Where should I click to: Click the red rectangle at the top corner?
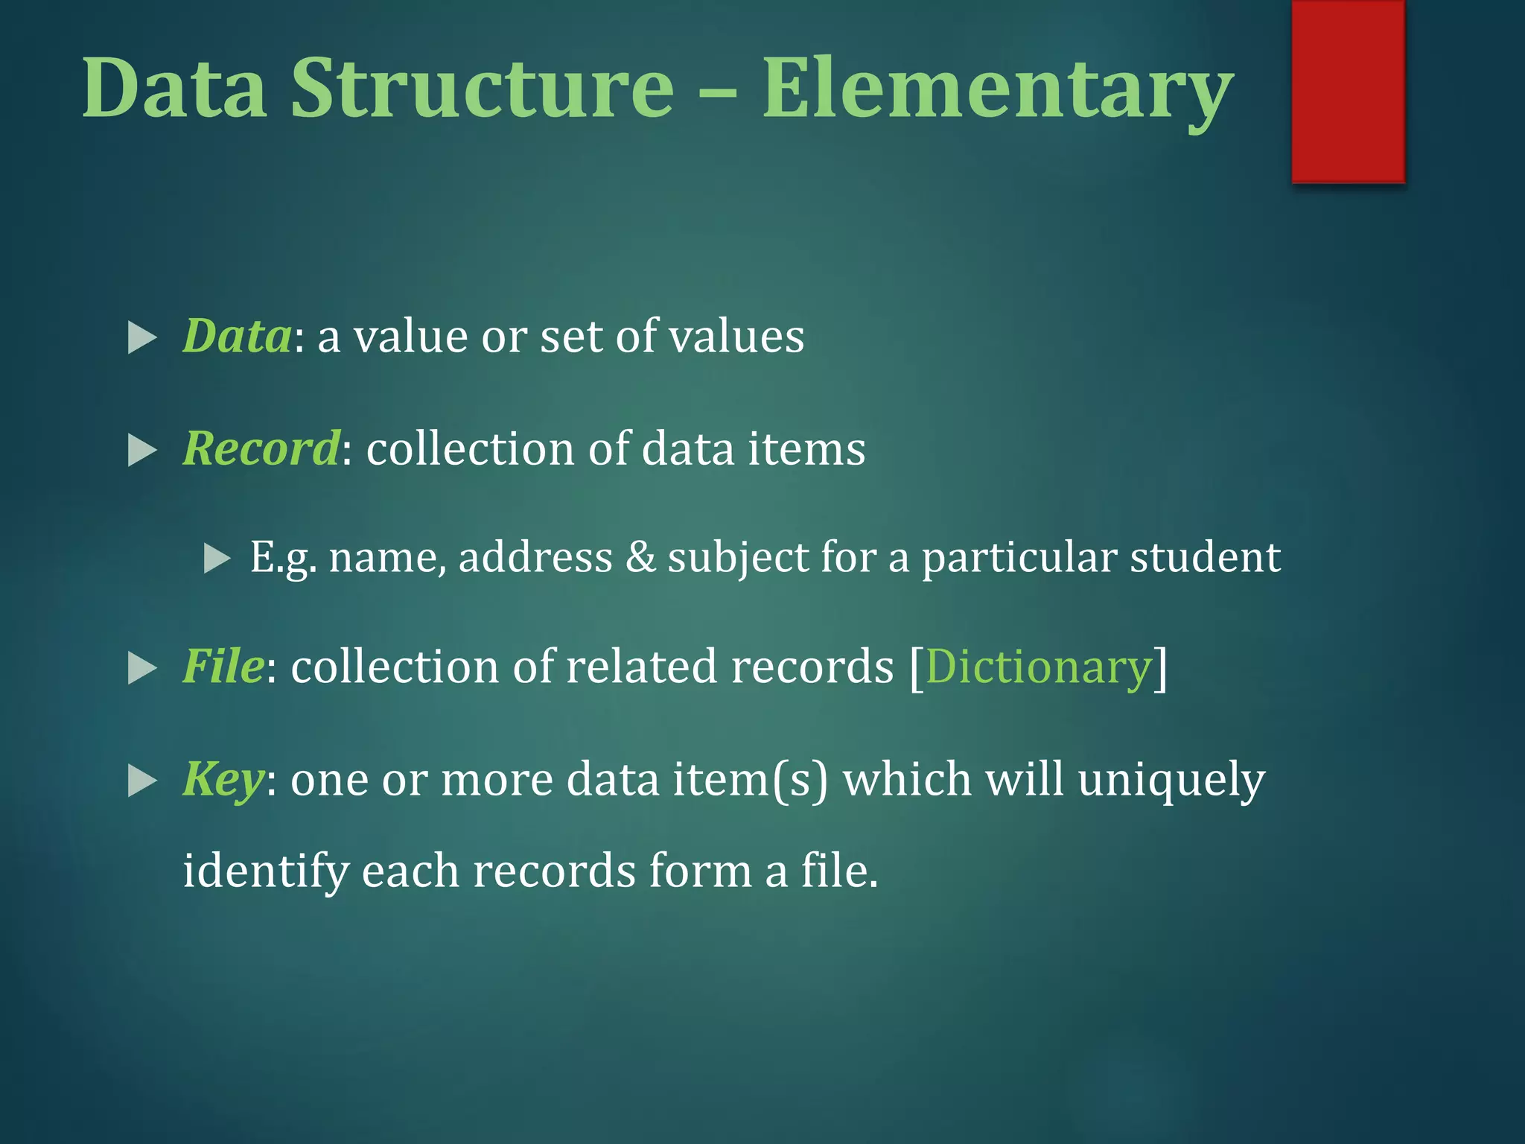coord(1348,91)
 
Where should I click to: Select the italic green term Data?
coord(238,336)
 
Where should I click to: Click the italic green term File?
coord(223,666)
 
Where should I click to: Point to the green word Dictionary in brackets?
coord(1039,666)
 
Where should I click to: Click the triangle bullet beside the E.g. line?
coord(217,558)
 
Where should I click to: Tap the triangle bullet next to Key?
coord(142,781)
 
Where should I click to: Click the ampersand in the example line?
coord(640,557)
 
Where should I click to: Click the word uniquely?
coord(1171,780)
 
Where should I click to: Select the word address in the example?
coord(535,557)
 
